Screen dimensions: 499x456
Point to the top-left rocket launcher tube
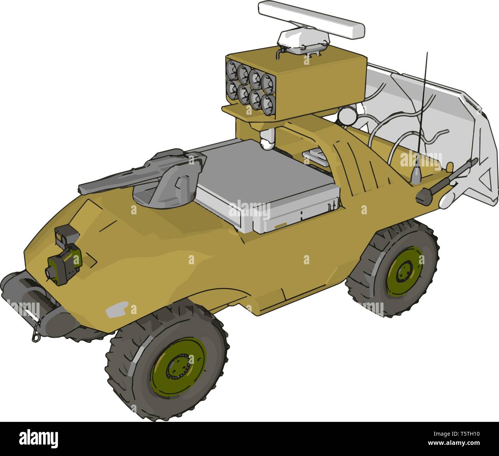(232, 69)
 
